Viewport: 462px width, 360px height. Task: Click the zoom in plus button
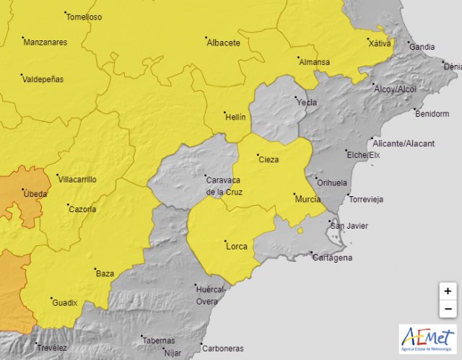coord(448,291)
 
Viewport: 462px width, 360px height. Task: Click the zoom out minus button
coord(448,309)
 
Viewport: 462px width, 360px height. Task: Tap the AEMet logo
coord(427,339)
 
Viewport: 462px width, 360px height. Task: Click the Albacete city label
coord(223,43)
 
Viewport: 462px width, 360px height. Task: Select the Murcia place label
coord(308,198)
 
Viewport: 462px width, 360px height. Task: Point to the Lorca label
coord(237,247)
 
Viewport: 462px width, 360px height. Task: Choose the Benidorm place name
coord(432,114)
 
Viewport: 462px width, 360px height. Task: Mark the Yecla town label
coord(307,102)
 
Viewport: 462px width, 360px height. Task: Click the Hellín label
coord(235,117)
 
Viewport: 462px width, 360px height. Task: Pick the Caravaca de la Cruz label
coord(225,186)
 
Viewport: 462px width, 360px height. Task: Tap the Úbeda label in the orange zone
coord(35,195)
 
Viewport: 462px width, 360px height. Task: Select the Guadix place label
coord(65,303)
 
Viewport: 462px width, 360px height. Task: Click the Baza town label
coord(105,274)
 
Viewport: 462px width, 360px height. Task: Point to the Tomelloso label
coord(84,17)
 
